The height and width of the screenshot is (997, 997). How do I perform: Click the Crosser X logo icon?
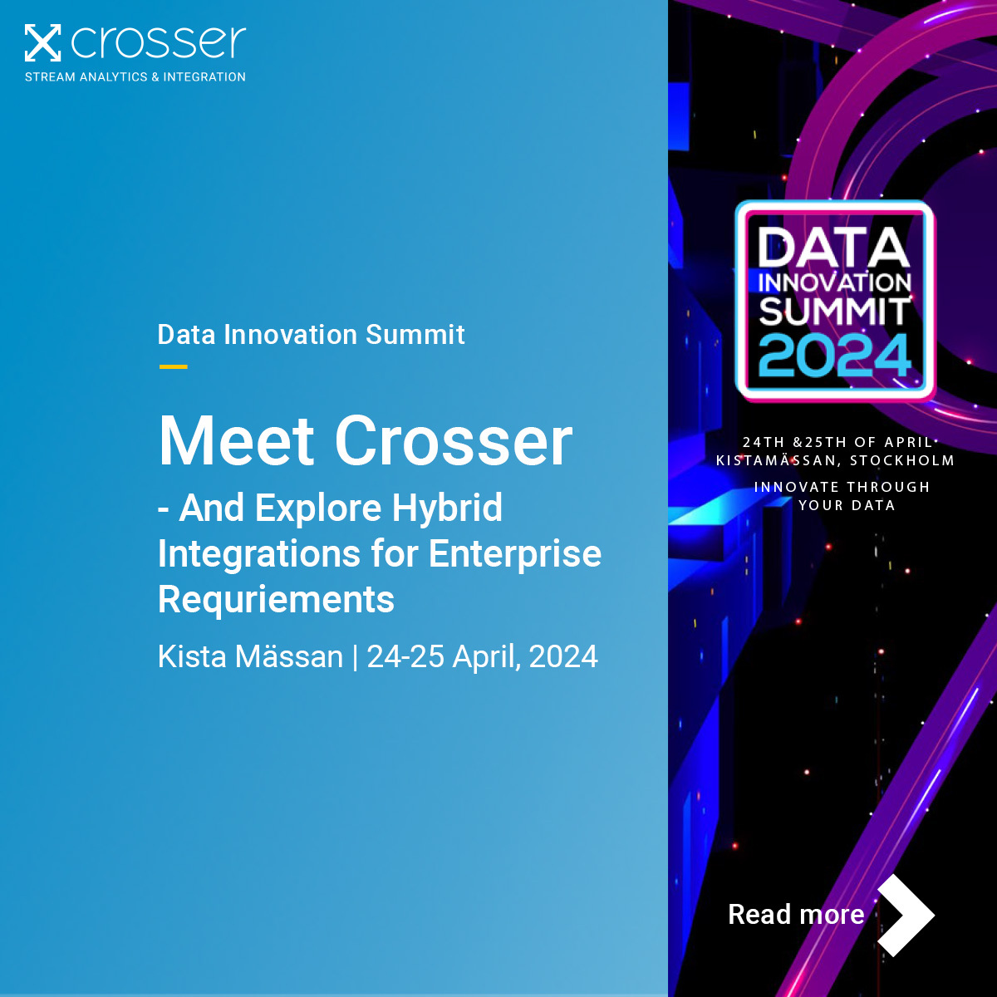(x=42, y=43)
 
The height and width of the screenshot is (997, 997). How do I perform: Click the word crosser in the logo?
(x=159, y=43)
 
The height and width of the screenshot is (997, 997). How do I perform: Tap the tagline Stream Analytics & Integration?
(x=135, y=76)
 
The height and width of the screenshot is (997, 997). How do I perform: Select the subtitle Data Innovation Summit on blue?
(x=311, y=335)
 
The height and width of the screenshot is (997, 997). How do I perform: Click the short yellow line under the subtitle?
(x=173, y=366)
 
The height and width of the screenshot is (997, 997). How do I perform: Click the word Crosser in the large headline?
(x=454, y=441)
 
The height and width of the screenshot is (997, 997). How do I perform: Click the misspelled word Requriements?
(x=276, y=599)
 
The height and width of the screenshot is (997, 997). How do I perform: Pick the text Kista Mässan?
(x=250, y=657)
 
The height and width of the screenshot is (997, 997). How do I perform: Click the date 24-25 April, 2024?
(x=482, y=657)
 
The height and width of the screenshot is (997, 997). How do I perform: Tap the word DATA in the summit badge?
(x=833, y=248)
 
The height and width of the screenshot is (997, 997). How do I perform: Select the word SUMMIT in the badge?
(x=835, y=312)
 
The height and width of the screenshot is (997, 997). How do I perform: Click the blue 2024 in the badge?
(x=835, y=356)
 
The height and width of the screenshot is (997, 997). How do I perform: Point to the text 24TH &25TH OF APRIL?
(x=837, y=442)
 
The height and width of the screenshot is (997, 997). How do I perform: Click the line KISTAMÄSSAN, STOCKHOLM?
(x=835, y=460)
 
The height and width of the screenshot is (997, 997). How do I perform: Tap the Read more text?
(x=796, y=915)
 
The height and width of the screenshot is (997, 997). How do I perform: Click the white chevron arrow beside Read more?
(x=908, y=915)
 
